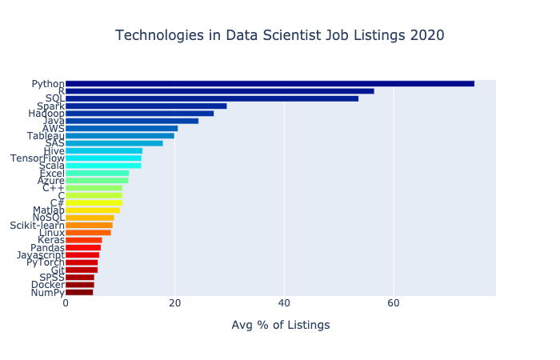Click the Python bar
[270, 84]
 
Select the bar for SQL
[212, 98]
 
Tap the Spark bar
[146, 106]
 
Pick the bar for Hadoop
[139, 114]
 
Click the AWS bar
[122, 128]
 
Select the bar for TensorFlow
[103, 158]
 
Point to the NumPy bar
[79, 292]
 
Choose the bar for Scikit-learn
[89, 226]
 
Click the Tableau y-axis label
[47, 136]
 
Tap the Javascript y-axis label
[40, 255]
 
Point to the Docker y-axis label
[47, 285]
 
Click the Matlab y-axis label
[48, 210]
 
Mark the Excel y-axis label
[51, 173]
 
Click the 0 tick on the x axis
[66, 303]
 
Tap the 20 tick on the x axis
[174, 303]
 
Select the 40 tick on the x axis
[284, 303]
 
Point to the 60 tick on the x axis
[394, 303]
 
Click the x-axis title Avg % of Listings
[280, 325]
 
